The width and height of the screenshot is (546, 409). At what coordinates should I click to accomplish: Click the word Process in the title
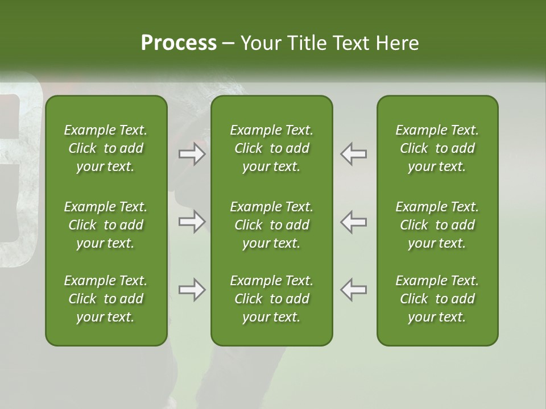(179, 43)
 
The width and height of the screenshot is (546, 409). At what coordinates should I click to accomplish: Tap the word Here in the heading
(398, 43)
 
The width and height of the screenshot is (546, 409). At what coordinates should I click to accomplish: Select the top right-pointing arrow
(192, 154)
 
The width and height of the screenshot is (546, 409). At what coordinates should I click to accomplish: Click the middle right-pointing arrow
(192, 221)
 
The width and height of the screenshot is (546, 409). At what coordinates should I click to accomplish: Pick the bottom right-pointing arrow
(192, 290)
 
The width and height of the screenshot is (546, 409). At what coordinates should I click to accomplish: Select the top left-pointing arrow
(353, 154)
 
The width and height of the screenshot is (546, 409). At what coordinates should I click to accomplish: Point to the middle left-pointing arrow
(353, 221)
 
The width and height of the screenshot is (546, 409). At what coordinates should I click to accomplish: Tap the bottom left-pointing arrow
(353, 290)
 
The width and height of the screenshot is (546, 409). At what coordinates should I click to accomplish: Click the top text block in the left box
(106, 148)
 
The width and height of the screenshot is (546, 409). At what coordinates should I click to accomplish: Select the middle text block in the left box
(106, 225)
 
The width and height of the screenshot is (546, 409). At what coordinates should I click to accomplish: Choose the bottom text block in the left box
(106, 299)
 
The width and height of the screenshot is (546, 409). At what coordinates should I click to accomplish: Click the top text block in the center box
(271, 148)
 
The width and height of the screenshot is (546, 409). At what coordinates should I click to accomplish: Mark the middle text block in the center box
(271, 225)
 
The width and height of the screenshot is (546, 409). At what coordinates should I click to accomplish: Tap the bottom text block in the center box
(271, 299)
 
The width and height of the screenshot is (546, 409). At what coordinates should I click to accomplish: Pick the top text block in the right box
(437, 148)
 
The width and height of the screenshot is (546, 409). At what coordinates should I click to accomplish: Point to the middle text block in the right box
(437, 225)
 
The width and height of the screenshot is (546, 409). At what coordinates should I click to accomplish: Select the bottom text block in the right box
(437, 299)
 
